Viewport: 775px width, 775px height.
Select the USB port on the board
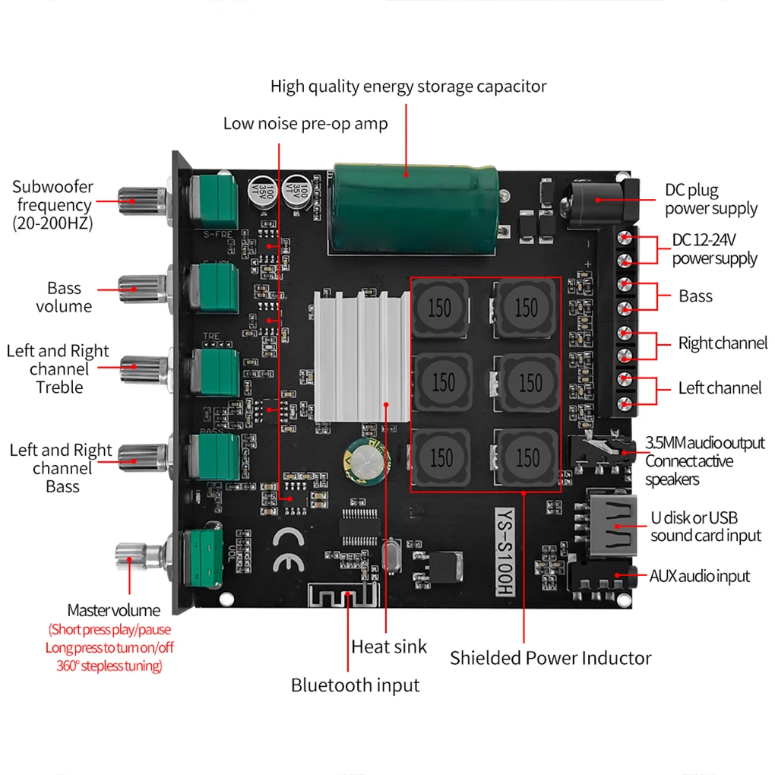(x=612, y=525)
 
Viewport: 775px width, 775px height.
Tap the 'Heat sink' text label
(x=389, y=647)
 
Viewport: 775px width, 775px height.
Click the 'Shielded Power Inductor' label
(x=550, y=658)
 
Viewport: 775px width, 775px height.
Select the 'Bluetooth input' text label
(x=355, y=685)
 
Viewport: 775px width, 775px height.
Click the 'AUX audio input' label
(x=698, y=576)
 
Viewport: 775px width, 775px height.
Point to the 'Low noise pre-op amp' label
(x=305, y=123)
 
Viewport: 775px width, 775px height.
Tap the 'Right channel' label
(x=723, y=343)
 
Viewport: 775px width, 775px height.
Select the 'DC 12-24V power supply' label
(x=714, y=249)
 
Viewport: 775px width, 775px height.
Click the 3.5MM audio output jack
(x=604, y=451)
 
